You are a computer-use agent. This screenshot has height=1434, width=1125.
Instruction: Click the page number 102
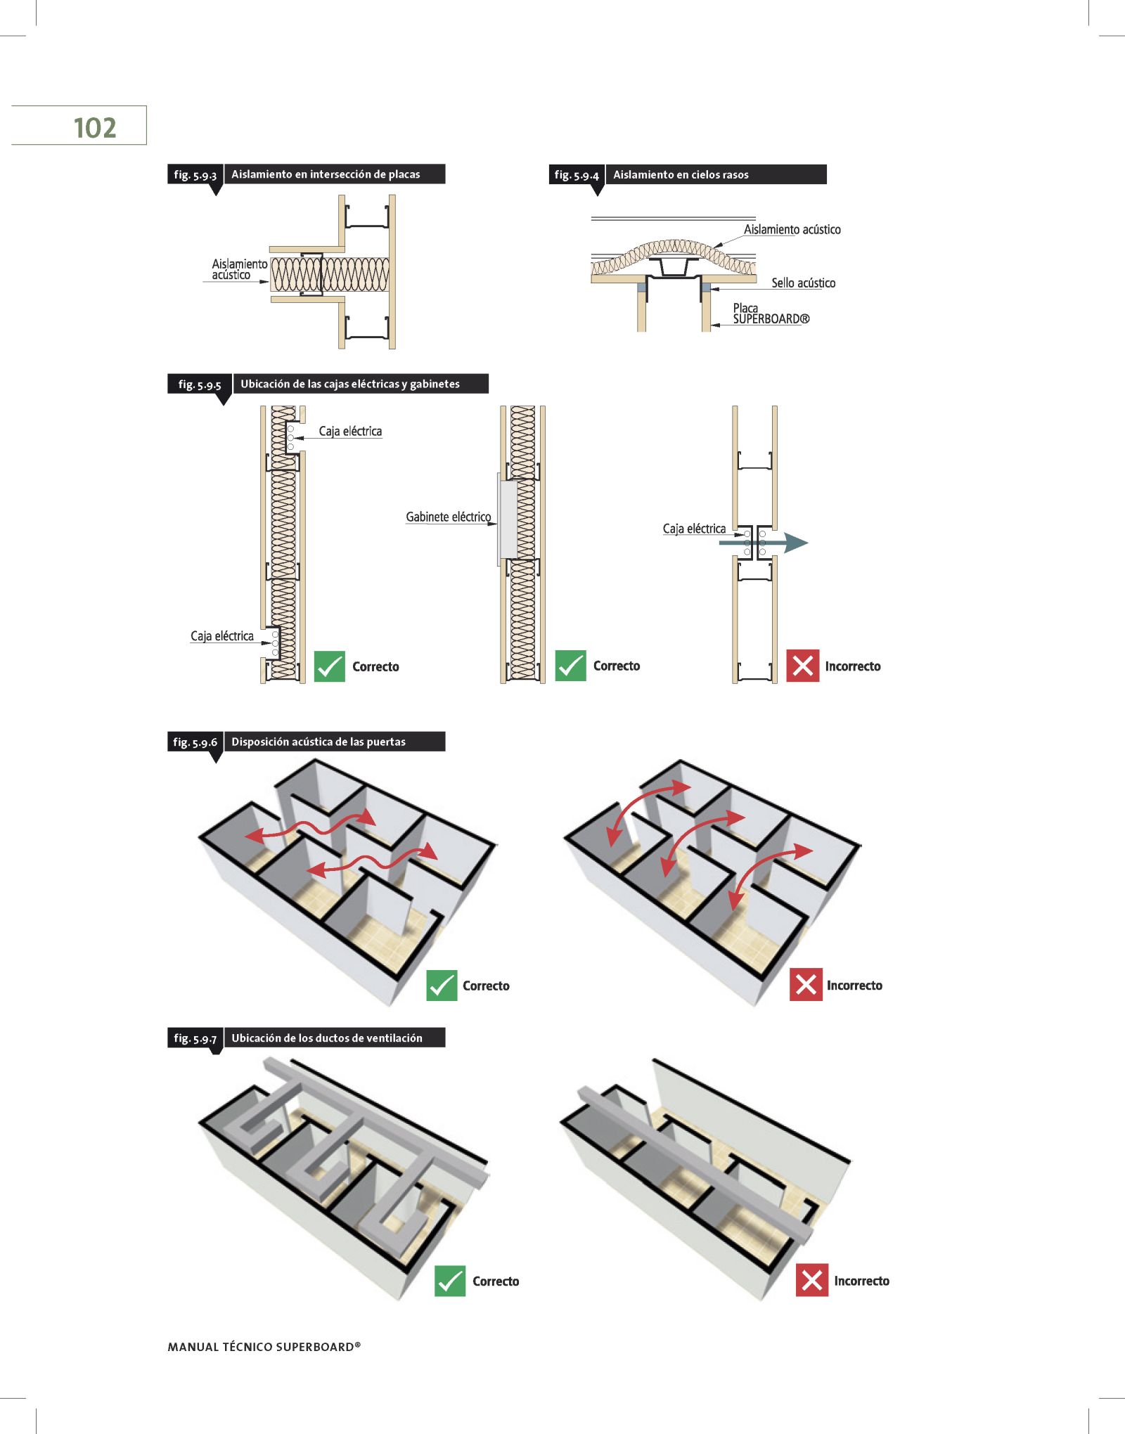(94, 128)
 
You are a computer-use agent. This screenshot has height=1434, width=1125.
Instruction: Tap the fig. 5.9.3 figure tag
(195, 174)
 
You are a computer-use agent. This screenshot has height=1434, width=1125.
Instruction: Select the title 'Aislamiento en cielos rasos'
(680, 174)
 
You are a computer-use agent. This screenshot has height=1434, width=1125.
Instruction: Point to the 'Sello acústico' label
(803, 283)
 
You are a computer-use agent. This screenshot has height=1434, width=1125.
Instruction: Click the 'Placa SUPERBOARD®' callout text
(771, 314)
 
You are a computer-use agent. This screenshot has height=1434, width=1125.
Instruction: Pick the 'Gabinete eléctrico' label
(448, 517)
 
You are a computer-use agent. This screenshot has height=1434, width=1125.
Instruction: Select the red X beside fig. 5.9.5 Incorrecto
(802, 666)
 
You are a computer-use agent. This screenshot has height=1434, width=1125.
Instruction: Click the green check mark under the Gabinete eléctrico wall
(570, 666)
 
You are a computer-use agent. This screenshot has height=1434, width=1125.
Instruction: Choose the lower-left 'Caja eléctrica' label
(221, 636)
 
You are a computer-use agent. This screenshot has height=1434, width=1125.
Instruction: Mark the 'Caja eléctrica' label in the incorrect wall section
(694, 529)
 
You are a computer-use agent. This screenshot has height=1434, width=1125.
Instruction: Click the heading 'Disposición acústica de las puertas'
(319, 742)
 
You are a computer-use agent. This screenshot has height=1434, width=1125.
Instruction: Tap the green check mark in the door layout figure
(442, 985)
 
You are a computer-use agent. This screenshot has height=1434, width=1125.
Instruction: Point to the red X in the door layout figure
(806, 984)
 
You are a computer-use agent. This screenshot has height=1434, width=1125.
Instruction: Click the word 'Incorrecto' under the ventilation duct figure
(861, 1281)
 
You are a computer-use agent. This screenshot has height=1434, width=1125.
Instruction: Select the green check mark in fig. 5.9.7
(450, 1281)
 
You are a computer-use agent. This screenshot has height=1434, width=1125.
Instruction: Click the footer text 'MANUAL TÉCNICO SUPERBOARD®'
(264, 1347)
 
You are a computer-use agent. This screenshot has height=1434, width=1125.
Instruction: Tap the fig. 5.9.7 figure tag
(195, 1038)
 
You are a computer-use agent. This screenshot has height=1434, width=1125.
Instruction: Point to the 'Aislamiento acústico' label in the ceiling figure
(792, 229)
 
